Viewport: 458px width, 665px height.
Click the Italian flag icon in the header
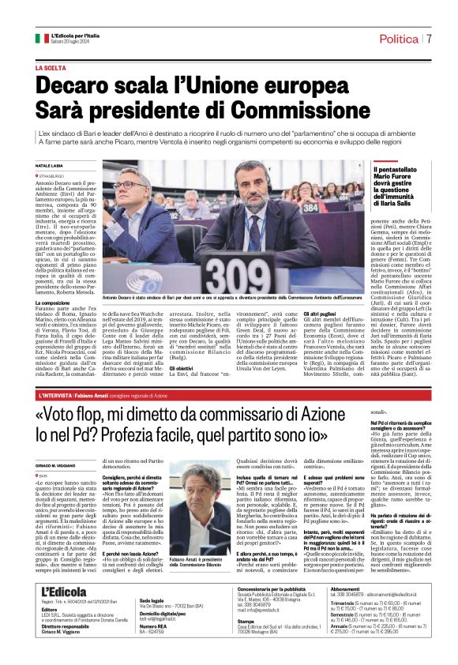point(41,38)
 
